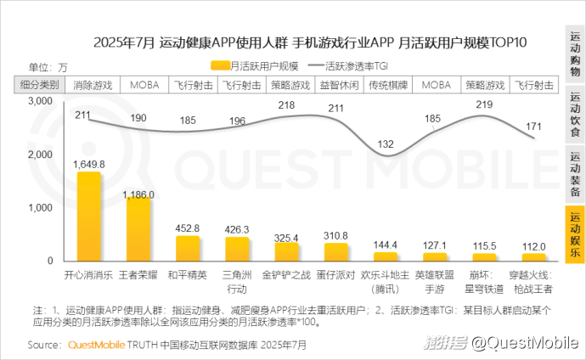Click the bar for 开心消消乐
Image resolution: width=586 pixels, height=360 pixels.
pyautogui.click(x=89, y=217)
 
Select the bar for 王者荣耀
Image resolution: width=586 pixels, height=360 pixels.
pyautogui.click(x=138, y=229)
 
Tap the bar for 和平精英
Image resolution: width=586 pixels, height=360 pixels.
pyautogui.click(x=188, y=248)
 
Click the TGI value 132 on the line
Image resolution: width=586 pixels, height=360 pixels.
pyautogui.click(x=386, y=144)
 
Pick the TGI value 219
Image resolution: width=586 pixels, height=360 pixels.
pyautogui.click(x=485, y=104)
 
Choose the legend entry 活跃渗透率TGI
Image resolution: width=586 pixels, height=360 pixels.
pyautogui.click(x=352, y=65)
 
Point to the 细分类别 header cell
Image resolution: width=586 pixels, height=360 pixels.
pyautogui.click(x=39, y=85)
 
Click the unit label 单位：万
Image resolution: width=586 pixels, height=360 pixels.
pyautogui.click(x=48, y=66)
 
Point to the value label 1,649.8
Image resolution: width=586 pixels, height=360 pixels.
pyautogui.click(x=89, y=164)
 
